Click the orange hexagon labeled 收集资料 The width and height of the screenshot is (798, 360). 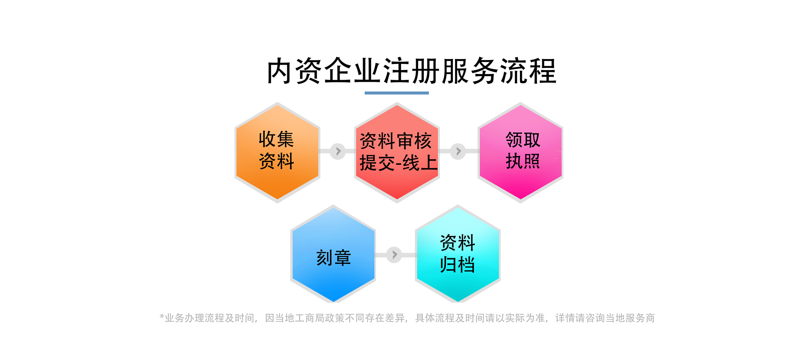click(277, 152)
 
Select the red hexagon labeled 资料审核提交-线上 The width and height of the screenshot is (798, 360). click(397, 152)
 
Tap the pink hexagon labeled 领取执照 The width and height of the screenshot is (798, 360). click(520, 152)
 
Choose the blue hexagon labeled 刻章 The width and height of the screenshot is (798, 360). click(333, 254)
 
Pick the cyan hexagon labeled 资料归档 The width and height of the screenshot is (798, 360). click(458, 254)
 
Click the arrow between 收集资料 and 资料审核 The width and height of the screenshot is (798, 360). click(338, 151)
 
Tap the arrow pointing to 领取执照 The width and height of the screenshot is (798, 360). click(458, 151)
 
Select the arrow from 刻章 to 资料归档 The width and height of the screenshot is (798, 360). click(394, 255)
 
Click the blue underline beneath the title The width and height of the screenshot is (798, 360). click(397, 93)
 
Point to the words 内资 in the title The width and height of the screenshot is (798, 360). click(295, 71)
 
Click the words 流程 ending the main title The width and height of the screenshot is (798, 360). click(528, 71)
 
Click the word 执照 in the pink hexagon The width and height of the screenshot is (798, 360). click(523, 161)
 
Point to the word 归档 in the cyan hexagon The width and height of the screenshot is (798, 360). click(457, 265)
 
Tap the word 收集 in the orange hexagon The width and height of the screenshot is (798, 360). click(276, 139)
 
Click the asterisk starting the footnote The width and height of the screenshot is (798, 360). click(162, 316)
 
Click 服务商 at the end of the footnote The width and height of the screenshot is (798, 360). click(640, 318)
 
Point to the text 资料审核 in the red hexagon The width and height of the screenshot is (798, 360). click(396, 141)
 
